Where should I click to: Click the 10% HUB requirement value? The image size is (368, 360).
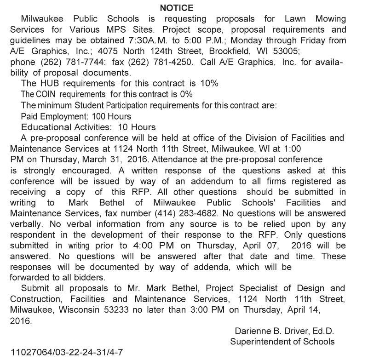coord(209,83)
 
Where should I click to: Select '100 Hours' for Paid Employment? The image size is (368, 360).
coord(112,116)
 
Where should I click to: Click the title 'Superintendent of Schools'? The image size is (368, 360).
coord(282,342)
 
